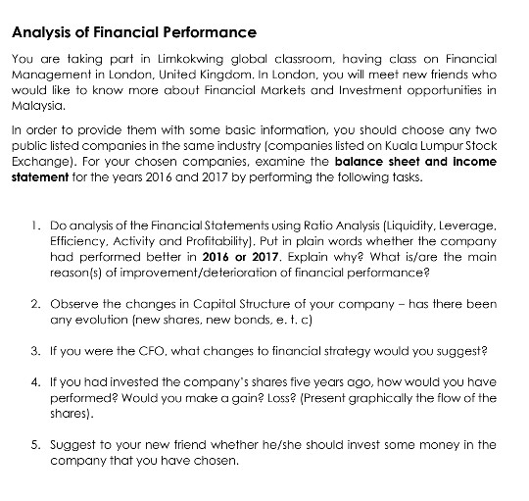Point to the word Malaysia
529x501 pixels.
point(35,106)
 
